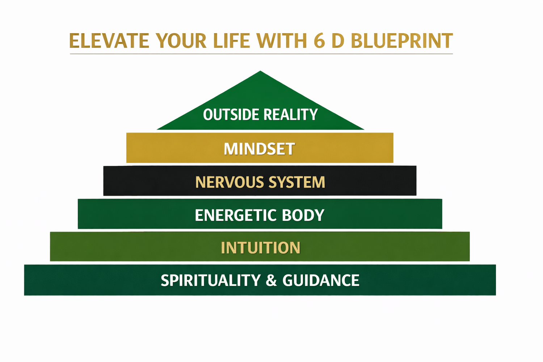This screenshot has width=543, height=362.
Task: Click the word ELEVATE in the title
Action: point(109,41)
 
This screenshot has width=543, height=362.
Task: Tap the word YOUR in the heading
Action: point(181,41)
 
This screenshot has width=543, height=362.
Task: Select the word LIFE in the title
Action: point(231,41)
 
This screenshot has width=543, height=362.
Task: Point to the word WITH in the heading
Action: point(282,41)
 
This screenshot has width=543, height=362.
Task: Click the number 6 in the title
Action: point(319,41)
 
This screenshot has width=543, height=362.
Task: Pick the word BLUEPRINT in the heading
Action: point(402,41)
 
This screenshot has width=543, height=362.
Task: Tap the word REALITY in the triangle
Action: point(291,114)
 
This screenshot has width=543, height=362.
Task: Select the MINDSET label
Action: point(260,149)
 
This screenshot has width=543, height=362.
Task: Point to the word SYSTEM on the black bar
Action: point(297,182)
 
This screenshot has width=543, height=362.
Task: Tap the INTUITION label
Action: point(261,248)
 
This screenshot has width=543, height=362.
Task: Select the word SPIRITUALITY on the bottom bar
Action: point(211,281)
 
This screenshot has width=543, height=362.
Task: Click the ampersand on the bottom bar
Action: point(271,281)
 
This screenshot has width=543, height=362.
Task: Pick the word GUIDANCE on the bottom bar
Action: point(321,281)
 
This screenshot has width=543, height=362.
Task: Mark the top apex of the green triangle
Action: point(260,71)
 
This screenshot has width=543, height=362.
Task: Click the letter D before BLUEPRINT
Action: point(338,41)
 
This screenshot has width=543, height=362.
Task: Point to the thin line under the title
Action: point(261,54)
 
